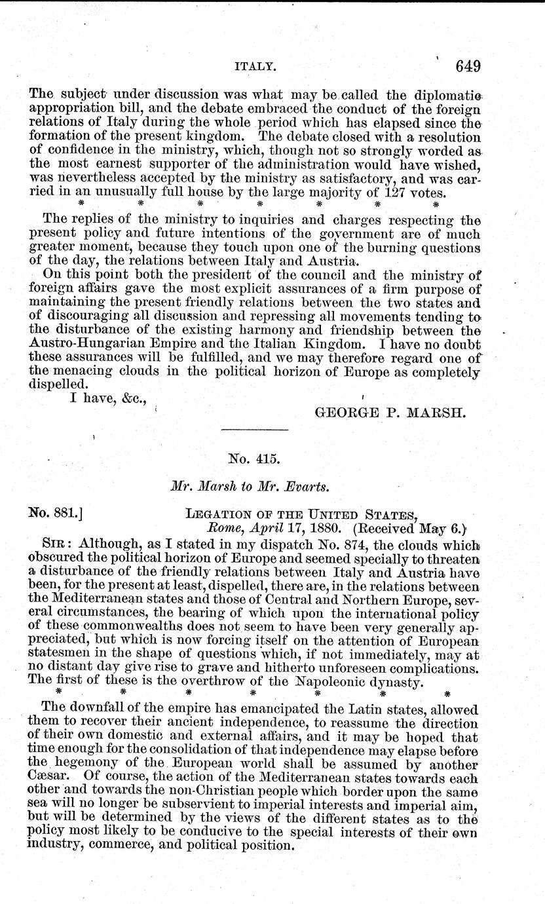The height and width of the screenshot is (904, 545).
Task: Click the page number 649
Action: click(466, 67)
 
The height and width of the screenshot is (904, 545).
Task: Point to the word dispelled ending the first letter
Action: click(54, 385)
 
